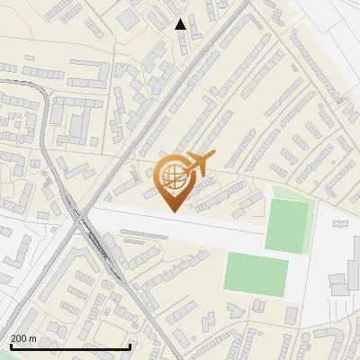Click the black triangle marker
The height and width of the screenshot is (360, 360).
coord(180,24)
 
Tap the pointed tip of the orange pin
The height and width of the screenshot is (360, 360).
coord(172,211)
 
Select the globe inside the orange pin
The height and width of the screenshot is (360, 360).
coord(172,177)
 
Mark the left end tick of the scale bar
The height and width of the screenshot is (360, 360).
coord(10,346)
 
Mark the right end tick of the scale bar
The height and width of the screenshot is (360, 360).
coord(130,346)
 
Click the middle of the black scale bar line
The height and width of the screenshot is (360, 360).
coord(70,347)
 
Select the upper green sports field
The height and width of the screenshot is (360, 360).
coord(287,225)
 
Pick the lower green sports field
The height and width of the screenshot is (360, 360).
coord(256,272)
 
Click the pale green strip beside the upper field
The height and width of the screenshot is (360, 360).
coord(291,193)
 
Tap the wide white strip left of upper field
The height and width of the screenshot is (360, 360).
coord(180,225)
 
